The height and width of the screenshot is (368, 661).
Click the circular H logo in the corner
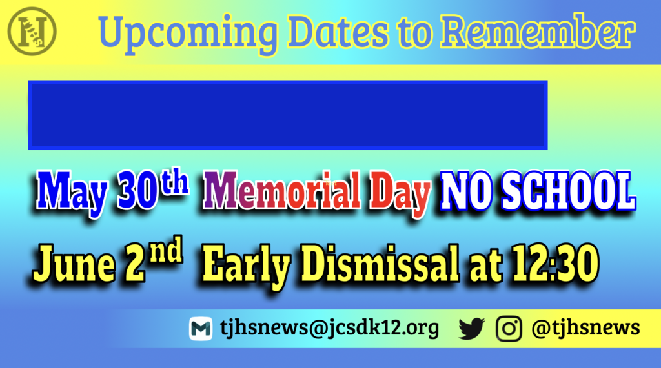click(32, 31)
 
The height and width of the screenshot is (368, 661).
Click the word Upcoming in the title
click(188, 34)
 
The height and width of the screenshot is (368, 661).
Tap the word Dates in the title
click(338, 32)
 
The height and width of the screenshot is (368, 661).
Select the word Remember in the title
click(538, 31)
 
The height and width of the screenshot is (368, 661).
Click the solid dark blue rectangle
click(288, 115)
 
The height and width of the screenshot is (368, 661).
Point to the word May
click(71, 192)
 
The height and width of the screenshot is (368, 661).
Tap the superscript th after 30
click(175, 182)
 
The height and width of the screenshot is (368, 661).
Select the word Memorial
click(281, 190)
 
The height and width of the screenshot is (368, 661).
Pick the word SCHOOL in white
click(568, 191)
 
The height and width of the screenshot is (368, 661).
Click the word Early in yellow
click(247, 266)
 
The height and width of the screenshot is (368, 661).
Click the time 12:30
click(555, 263)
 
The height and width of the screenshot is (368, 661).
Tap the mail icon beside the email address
click(201, 329)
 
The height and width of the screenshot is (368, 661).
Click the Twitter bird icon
click(472, 328)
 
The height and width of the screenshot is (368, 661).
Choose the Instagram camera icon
click(509, 328)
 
